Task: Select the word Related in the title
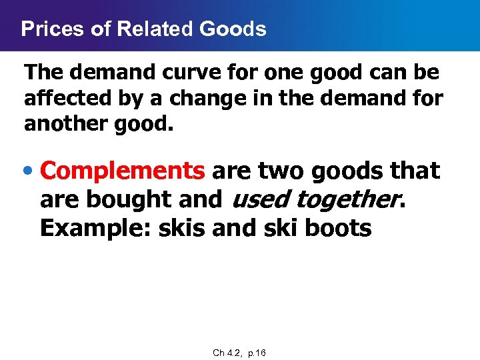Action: tap(139, 29)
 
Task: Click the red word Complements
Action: tap(123, 171)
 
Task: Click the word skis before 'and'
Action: tap(182, 228)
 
